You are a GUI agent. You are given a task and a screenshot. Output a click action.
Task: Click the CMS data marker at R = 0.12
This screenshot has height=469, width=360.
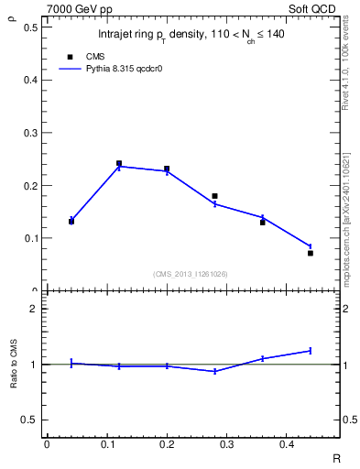pos(119,164)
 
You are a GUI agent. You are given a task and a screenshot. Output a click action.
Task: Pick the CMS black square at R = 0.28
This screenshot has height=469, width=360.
pos(214,196)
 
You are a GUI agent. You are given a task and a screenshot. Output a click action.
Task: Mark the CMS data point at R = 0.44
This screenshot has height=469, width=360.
pos(311,253)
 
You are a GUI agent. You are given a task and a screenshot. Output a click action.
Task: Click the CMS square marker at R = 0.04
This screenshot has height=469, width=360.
pos(71,222)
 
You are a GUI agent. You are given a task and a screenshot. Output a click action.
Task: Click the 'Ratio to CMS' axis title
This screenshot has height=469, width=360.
pos(13,364)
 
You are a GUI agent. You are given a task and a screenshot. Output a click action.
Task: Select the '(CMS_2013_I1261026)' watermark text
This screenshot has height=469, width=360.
pos(191,274)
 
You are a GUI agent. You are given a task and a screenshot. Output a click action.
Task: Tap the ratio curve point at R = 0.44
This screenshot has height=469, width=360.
pos(311,351)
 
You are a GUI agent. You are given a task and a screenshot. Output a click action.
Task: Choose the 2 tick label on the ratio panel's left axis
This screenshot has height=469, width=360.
pos(33,309)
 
